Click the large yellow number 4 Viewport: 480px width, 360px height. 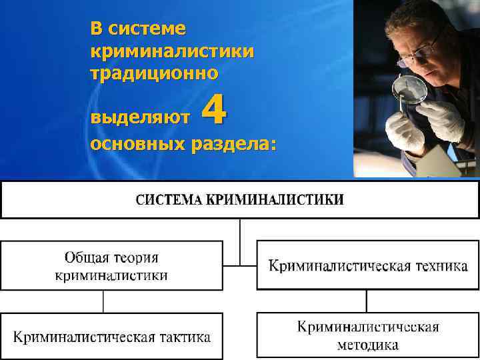coord(213,110)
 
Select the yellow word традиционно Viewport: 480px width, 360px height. coord(154,73)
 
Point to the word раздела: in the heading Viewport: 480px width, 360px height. coord(234,145)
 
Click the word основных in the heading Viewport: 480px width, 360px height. coord(137,145)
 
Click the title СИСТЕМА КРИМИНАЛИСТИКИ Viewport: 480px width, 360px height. coord(240,199)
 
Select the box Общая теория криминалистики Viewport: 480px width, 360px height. coord(111,265)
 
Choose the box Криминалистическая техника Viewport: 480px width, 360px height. coord(367,265)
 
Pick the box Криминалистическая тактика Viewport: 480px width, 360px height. coord(111,337)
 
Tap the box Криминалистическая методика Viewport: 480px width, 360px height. coord(367,335)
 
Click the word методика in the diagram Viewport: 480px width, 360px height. coord(367,345)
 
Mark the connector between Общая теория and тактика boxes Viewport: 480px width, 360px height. coord(103,301)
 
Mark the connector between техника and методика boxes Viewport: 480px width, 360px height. coord(366,301)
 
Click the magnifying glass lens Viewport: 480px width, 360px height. coord(411,89)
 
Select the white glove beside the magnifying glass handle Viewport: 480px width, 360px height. coord(443,120)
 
